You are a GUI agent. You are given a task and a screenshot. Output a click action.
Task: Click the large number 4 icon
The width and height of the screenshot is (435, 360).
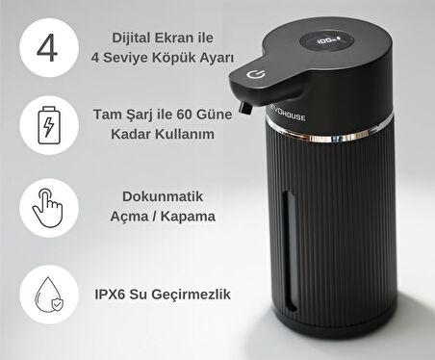[47, 48]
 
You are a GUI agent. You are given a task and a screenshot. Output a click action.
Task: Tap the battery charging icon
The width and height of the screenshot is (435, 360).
[49, 125]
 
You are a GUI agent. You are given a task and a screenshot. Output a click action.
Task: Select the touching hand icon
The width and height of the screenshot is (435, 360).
[48, 208]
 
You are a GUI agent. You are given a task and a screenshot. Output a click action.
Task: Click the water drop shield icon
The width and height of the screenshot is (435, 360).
[49, 295]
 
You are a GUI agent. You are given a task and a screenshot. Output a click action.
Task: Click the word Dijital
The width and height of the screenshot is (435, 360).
[132, 39]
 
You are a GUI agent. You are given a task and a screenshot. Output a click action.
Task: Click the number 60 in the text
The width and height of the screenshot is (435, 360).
[184, 115]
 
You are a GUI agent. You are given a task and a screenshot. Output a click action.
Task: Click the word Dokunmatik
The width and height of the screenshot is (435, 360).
[163, 196]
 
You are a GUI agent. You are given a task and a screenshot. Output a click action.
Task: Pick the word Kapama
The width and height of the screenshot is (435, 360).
[188, 217]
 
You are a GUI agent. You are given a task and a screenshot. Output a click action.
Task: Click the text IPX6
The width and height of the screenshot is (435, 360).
[110, 295]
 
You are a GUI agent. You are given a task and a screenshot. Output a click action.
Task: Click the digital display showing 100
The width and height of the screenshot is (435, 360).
[327, 41]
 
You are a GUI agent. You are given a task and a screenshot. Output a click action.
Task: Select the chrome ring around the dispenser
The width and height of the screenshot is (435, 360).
[329, 132]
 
